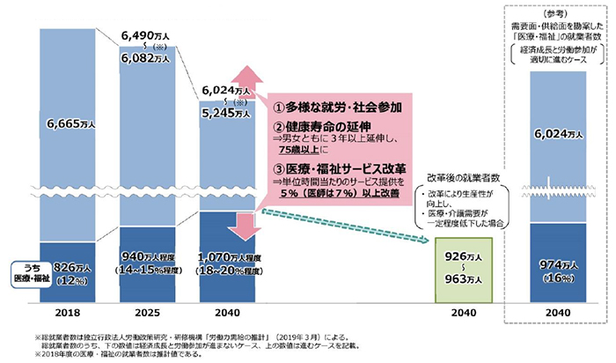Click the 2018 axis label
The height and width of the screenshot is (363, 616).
(x=63, y=313)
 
